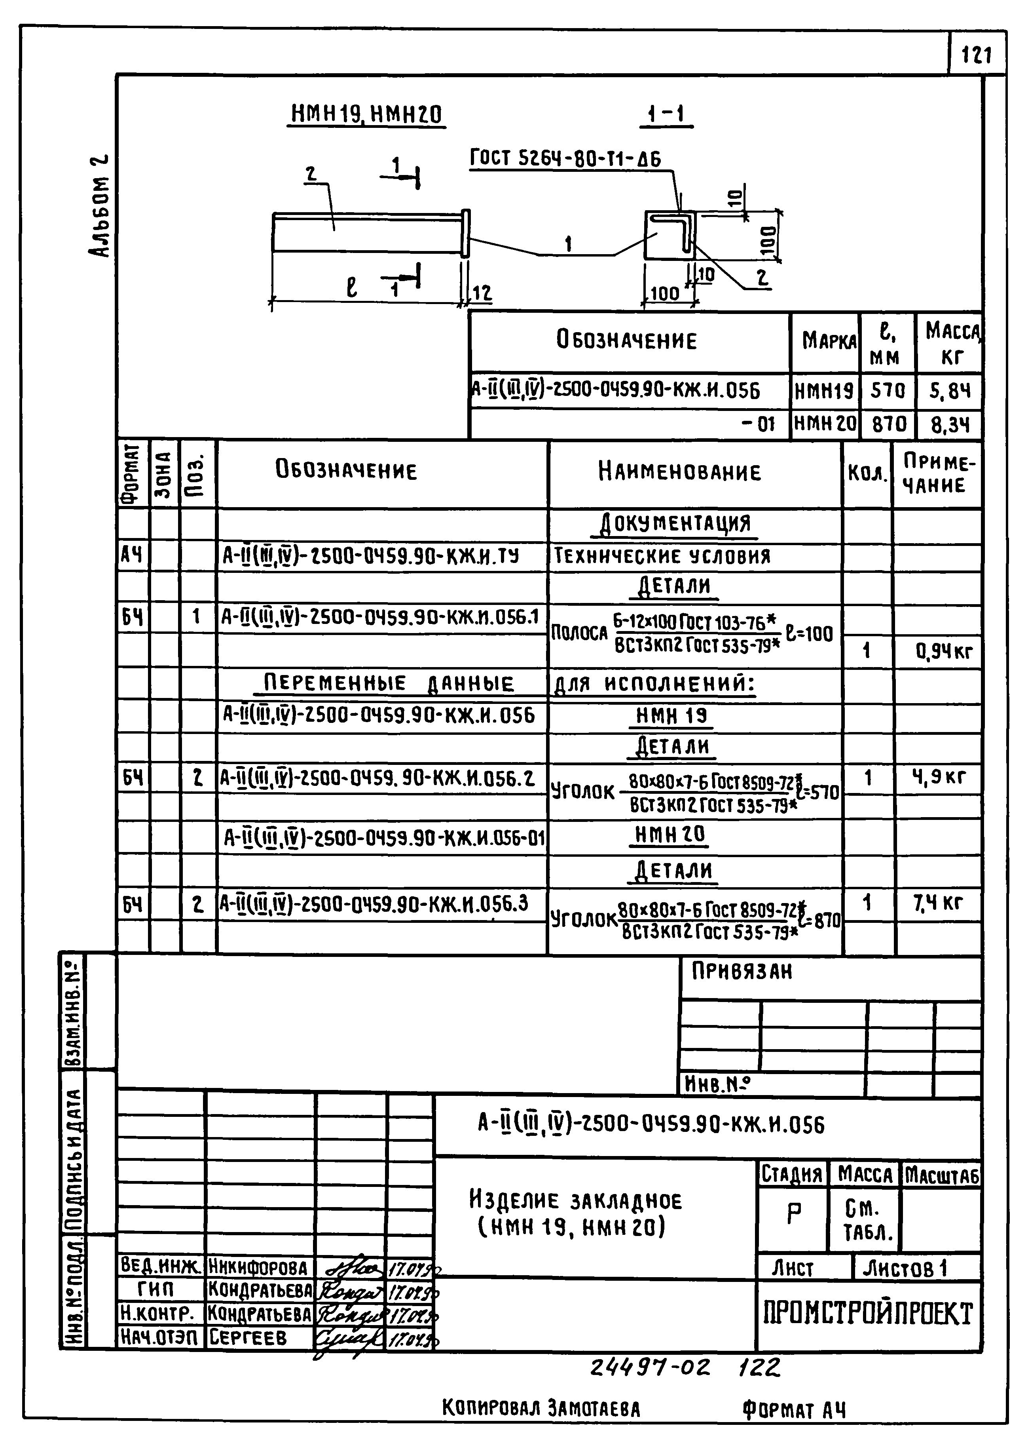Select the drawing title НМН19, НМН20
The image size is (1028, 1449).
(366, 115)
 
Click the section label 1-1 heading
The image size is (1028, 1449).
(666, 114)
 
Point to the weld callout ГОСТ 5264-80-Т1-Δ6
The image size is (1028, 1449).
(565, 158)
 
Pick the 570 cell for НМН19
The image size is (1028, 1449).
(888, 390)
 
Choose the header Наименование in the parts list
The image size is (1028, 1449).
(679, 472)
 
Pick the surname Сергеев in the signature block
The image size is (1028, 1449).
(248, 1337)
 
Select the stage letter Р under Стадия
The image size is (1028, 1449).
(793, 1213)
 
